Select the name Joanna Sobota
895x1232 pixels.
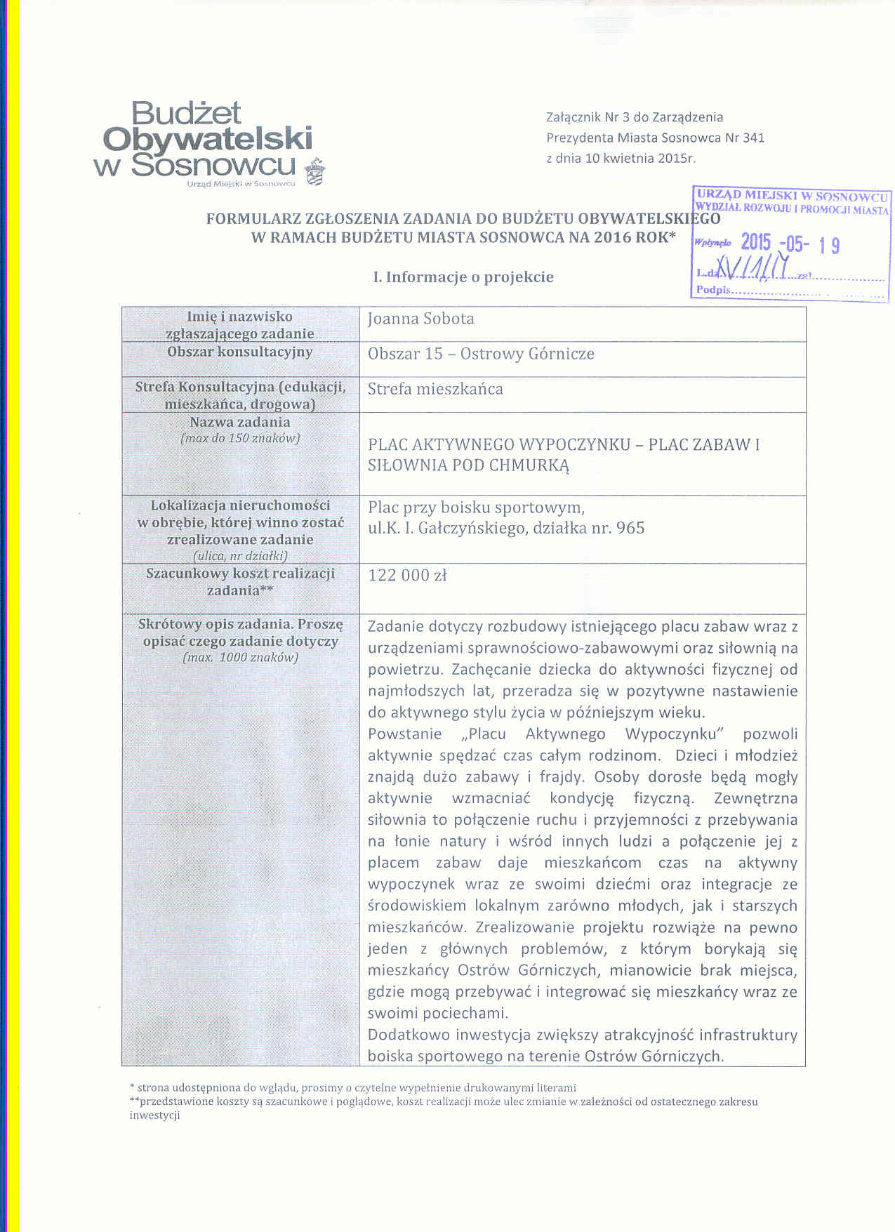[x=421, y=319]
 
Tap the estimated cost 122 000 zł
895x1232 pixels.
[x=407, y=576]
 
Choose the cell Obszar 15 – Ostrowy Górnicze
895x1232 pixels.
[x=481, y=354]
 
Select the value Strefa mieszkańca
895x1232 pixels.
[x=435, y=389]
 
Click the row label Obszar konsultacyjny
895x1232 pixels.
[x=239, y=352]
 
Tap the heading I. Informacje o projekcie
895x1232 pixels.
[x=463, y=277]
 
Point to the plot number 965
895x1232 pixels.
[x=630, y=528]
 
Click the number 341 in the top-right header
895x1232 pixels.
[x=753, y=138]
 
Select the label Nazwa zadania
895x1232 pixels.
[x=239, y=423]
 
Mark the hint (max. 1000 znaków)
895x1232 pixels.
[x=240, y=658]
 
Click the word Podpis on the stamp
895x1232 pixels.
[x=713, y=290]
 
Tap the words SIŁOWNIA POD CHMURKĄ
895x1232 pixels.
[x=468, y=465]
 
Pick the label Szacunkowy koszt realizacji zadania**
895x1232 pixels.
[x=240, y=581]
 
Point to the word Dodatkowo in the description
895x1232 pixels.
[x=409, y=1035]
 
